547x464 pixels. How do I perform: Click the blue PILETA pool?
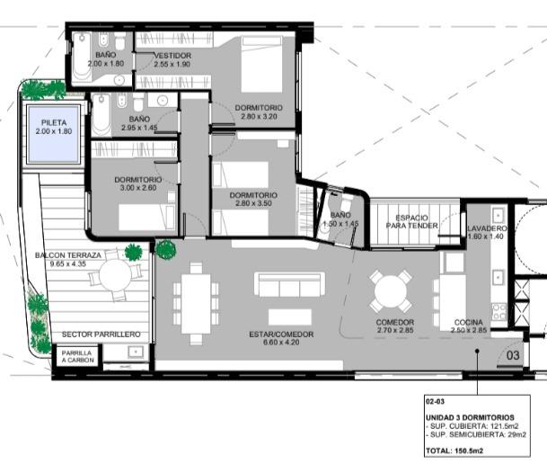click(x=54, y=134)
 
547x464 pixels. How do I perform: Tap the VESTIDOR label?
click(x=172, y=56)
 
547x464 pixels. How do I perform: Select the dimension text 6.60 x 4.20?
click(x=281, y=343)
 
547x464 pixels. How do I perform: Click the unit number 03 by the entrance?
click(x=513, y=355)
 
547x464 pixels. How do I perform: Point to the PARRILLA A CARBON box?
click(x=77, y=356)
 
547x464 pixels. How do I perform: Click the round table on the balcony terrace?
click(x=115, y=275)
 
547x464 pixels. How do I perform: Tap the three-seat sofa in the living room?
click(x=289, y=284)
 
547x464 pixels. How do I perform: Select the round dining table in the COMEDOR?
click(x=391, y=290)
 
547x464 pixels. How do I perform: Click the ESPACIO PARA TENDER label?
click(x=411, y=222)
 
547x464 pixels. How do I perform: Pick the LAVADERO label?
click(x=487, y=228)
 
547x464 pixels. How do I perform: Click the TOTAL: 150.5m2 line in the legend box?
click(x=454, y=451)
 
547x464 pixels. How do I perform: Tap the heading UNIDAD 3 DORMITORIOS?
click(x=470, y=417)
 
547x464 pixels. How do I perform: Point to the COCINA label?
click(x=469, y=322)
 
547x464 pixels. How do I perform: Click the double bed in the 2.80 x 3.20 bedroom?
click(x=261, y=65)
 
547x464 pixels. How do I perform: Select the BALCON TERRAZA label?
click(x=68, y=255)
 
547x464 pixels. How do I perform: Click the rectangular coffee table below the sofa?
click(x=290, y=317)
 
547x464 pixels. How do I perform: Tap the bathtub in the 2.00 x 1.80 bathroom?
click(x=83, y=57)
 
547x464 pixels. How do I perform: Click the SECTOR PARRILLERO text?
click(x=101, y=335)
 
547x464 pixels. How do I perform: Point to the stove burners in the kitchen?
click(x=498, y=311)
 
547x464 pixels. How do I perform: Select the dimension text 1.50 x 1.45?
click(x=340, y=224)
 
